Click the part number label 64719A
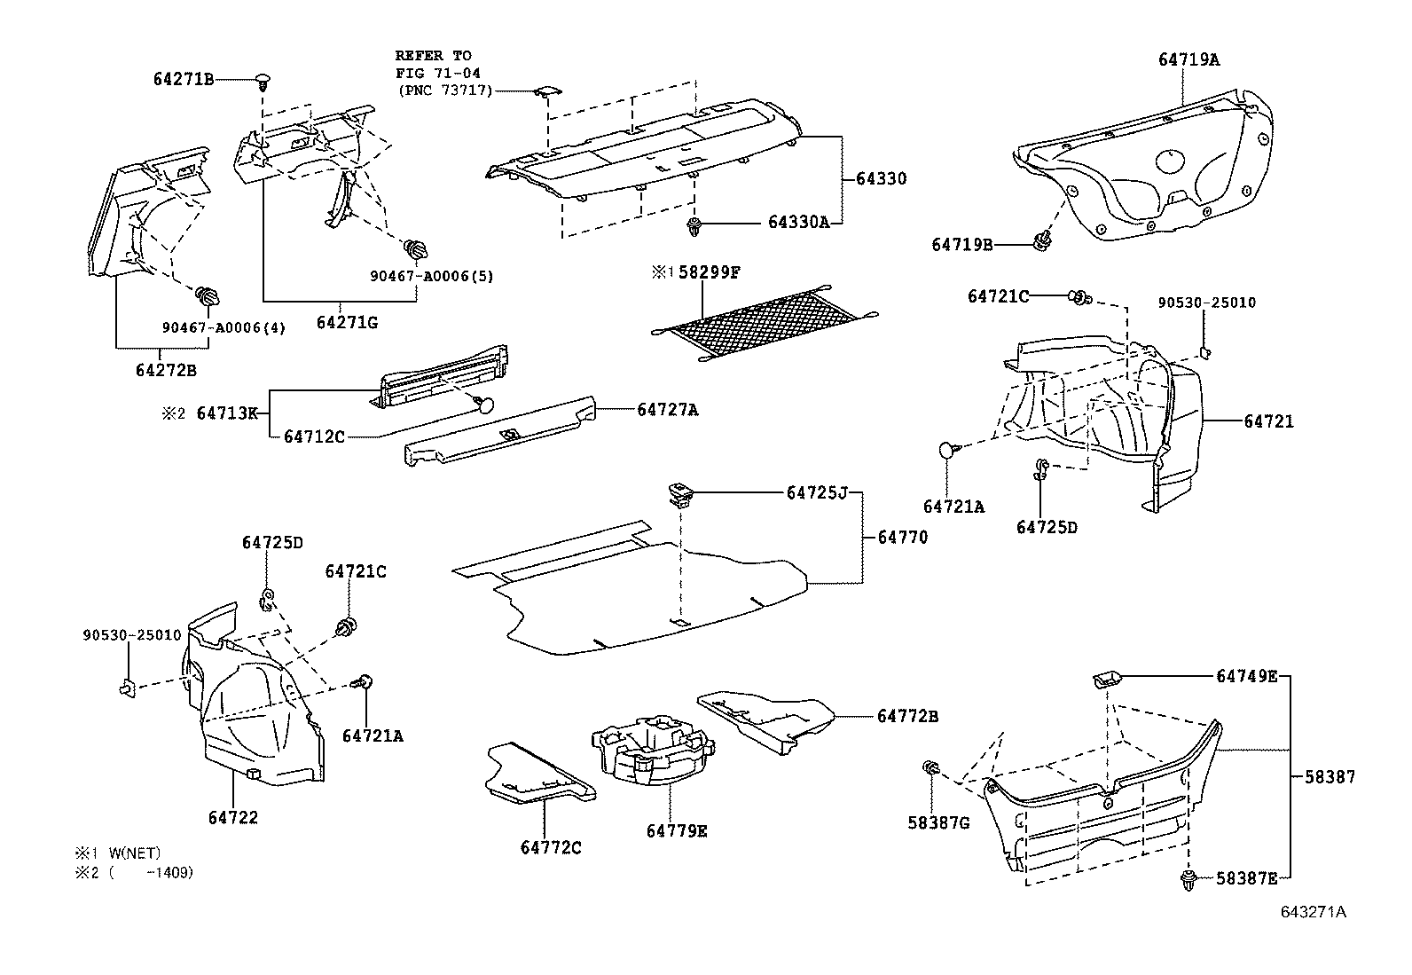pyautogui.click(x=1188, y=60)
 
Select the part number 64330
pyautogui.click(x=881, y=179)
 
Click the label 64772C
pyautogui.click(x=551, y=848)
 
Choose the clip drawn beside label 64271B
pyautogui.click(x=263, y=83)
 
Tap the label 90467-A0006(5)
pyautogui.click(x=431, y=276)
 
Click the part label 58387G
pyautogui.click(x=938, y=823)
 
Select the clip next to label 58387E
pyautogui.click(x=1188, y=882)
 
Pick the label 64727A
pyautogui.click(x=667, y=410)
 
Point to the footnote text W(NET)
pyautogui.click(x=135, y=853)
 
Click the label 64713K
pyautogui.click(x=227, y=413)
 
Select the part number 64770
pyautogui.click(x=903, y=537)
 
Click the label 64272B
pyautogui.click(x=166, y=369)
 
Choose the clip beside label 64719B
pyautogui.click(x=1043, y=240)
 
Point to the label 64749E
pyautogui.click(x=1246, y=677)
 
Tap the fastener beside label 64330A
pyautogui.click(x=694, y=227)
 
